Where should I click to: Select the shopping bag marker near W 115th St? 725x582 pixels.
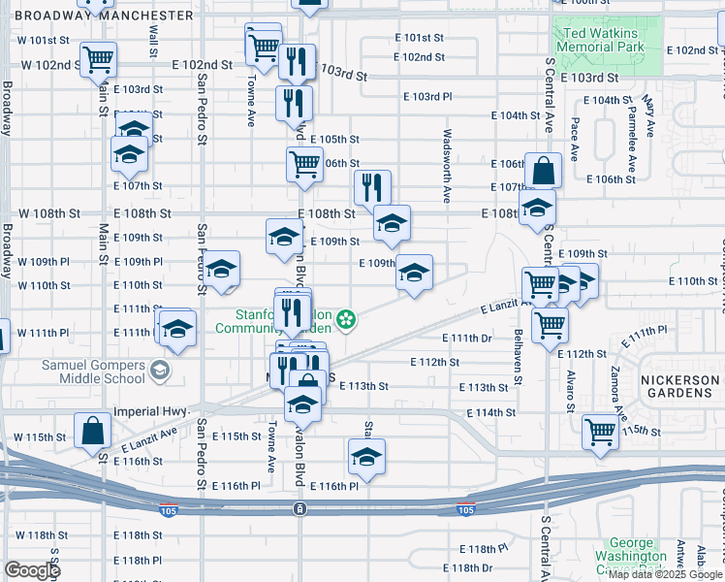tap(91, 430)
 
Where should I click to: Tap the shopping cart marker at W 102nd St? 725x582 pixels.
tap(99, 60)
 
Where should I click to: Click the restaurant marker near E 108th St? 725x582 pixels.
tap(372, 186)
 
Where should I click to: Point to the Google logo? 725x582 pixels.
tap(32, 570)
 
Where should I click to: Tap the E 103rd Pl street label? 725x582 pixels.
tap(426, 97)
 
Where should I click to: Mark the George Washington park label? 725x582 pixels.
tap(639, 551)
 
